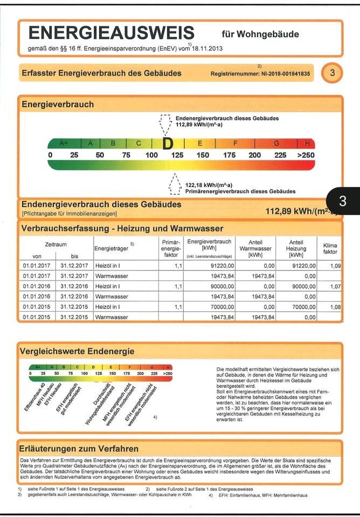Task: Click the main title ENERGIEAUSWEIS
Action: click(110, 33)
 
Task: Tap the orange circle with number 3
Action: click(332, 73)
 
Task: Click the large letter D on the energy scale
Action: click(168, 143)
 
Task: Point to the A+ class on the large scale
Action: click(64, 143)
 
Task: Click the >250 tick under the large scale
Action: click(306, 155)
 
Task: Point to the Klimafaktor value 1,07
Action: click(335, 287)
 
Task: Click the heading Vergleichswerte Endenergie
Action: click(77, 351)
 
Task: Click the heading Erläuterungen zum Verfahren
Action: click(79, 449)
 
